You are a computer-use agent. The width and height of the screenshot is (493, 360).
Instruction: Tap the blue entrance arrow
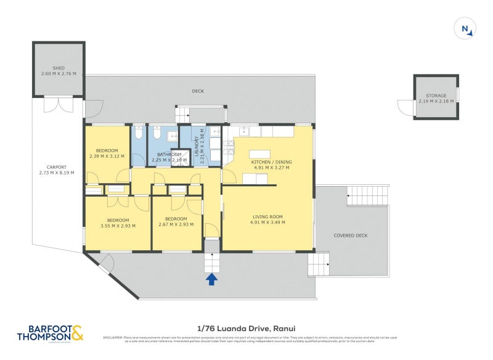pyautogui.click(x=211, y=279)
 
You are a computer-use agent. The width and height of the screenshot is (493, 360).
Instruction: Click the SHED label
pyautogui.click(x=59, y=68)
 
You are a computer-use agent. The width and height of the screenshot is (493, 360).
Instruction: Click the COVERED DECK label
pyautogui.click(x=350, y=235)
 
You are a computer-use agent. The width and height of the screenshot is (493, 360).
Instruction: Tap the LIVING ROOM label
pyautogui.click(x=267, y=216)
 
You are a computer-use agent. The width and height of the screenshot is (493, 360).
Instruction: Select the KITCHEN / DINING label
pyautogui.click(x=271, y=162)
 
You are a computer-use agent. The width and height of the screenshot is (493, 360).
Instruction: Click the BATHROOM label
pyautogui.click(x=168, y=154)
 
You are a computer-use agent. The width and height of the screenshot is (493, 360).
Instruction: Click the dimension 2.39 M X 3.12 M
pyautogui.click(x=107, y=156)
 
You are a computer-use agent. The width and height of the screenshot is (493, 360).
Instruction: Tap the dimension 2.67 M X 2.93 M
pyautogui.click(x=176, y=224)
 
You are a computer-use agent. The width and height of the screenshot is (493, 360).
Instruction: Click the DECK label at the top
pyautogui.click(x=197, y=91)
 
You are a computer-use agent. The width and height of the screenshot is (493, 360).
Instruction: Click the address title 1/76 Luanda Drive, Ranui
pyautogui.click(x=246, y=329)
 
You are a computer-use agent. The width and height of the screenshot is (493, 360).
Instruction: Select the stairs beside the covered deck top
pyautogui.click(x=367, y=197)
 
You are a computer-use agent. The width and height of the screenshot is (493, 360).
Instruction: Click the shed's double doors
pyautogui.click(x=59, y=105)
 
